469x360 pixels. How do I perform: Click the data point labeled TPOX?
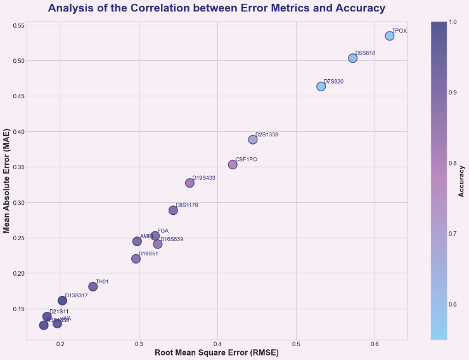coord(389,35)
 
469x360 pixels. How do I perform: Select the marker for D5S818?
coord(353,58)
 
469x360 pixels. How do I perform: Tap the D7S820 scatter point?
coord(321,86)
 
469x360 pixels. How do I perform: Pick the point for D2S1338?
coord(253,139)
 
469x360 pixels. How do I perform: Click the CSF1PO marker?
coord(233,164)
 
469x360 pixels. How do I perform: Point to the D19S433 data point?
coord(190,183)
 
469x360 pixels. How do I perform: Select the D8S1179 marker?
coord(173,210)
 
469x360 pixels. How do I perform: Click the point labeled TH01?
coord(93,286)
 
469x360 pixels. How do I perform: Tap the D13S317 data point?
coord(62,300)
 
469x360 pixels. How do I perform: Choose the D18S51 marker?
coord(136,259)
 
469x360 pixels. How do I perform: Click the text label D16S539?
coord(172,239)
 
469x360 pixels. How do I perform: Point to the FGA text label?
coord(163,231)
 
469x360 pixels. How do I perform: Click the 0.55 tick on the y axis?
coord(18,25)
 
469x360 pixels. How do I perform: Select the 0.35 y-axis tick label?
coord(18,167)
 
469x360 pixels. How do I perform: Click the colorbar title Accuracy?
coord(461,181)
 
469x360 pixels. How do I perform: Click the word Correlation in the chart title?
coord(200,8)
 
